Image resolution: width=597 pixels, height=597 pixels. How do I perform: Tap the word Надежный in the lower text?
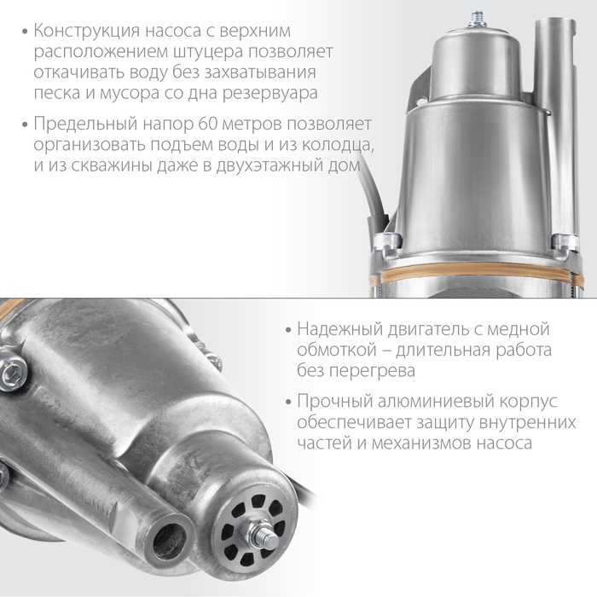pyautogui.click(x=339, y=329)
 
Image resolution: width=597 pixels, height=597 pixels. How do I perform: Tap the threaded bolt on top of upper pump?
pyautogui.click(x=477, y=20)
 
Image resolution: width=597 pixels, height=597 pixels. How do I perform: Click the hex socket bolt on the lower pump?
pyautogui.click(x=14, y=370)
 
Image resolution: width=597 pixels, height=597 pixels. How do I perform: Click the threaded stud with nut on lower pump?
pyautogui.click(x=261, y=531)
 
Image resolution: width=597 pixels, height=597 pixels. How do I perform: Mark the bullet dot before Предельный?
pyautogui.click(x=25, y=125)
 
